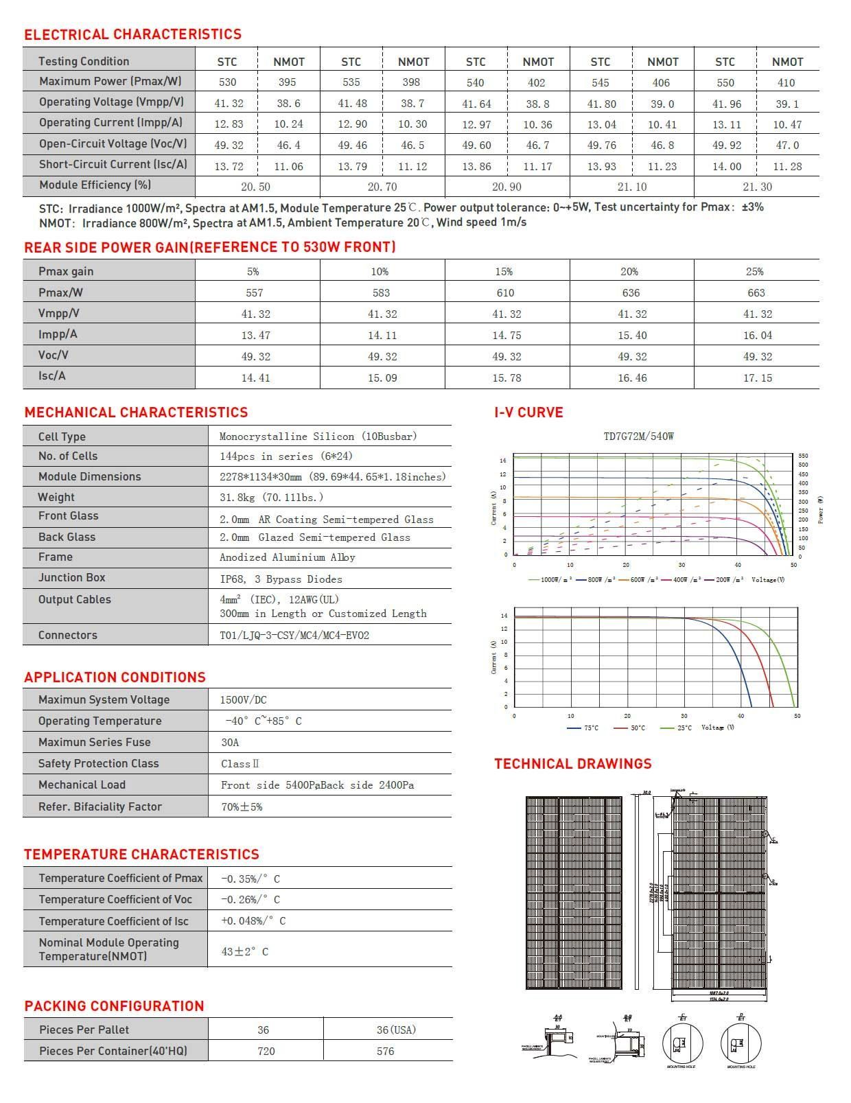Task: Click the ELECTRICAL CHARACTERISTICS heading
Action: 132,34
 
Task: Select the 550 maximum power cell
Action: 725,82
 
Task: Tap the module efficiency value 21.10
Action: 631,187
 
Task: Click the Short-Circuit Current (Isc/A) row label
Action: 113,165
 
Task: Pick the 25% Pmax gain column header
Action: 755,272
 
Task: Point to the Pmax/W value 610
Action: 505,293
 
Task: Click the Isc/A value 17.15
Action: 757,378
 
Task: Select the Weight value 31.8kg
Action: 271,497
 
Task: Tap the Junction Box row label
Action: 72,578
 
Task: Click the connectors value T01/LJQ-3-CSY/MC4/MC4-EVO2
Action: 294,636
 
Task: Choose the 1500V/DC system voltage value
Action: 243,700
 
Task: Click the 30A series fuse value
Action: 230,743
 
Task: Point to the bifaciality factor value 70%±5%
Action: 242,807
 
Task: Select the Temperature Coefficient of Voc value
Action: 250,900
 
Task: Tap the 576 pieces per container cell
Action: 386,1052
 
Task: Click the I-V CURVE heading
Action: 528,413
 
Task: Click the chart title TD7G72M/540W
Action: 638,437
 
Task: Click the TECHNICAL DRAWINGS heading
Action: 573,764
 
